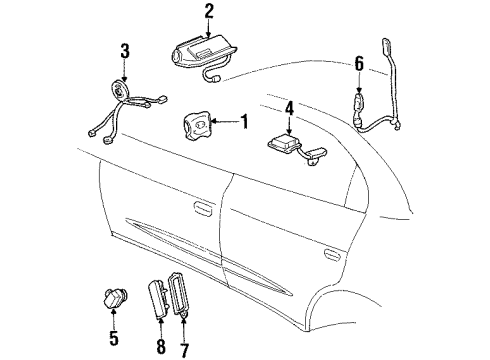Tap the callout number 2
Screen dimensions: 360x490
tap(209, 12)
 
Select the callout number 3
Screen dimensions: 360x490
tap(124, 51)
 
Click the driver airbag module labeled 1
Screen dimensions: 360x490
tap(198, 128)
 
